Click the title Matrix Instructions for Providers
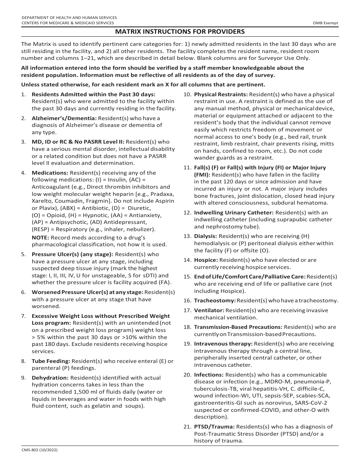coord(180,31)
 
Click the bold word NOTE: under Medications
coord(39,238)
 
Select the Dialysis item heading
coord(206,236)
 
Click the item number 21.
coord(187,427)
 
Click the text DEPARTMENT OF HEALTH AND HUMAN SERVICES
coord(69,18)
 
